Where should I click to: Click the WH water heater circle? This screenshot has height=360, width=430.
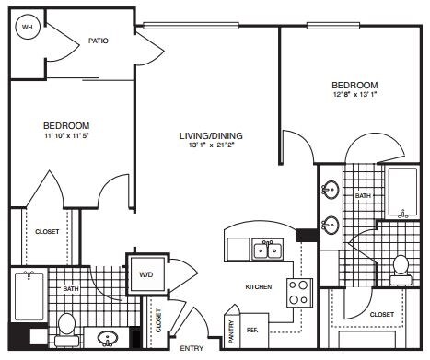(x=27, y=29)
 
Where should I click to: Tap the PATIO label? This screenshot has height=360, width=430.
(x=99, y=41)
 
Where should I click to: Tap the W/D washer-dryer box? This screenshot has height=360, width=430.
(x=146, y=274)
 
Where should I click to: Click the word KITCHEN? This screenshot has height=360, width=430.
(x=259, y=287)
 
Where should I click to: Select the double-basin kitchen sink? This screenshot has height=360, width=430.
(x=269, y=250)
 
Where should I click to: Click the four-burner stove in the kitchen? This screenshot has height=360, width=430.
(x=299, y=293)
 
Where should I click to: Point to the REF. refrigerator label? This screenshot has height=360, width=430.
(x=251, y=329)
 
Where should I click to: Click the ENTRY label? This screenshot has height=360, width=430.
(x=192, y=348)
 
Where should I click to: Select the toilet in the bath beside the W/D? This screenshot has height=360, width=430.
(x=66, y=324)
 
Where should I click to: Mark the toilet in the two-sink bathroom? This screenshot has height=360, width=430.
(x=401, y=266)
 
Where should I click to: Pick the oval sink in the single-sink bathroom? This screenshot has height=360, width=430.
(x=107, y=337)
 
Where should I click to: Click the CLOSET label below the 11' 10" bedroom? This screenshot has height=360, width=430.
(x=47, y=232)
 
